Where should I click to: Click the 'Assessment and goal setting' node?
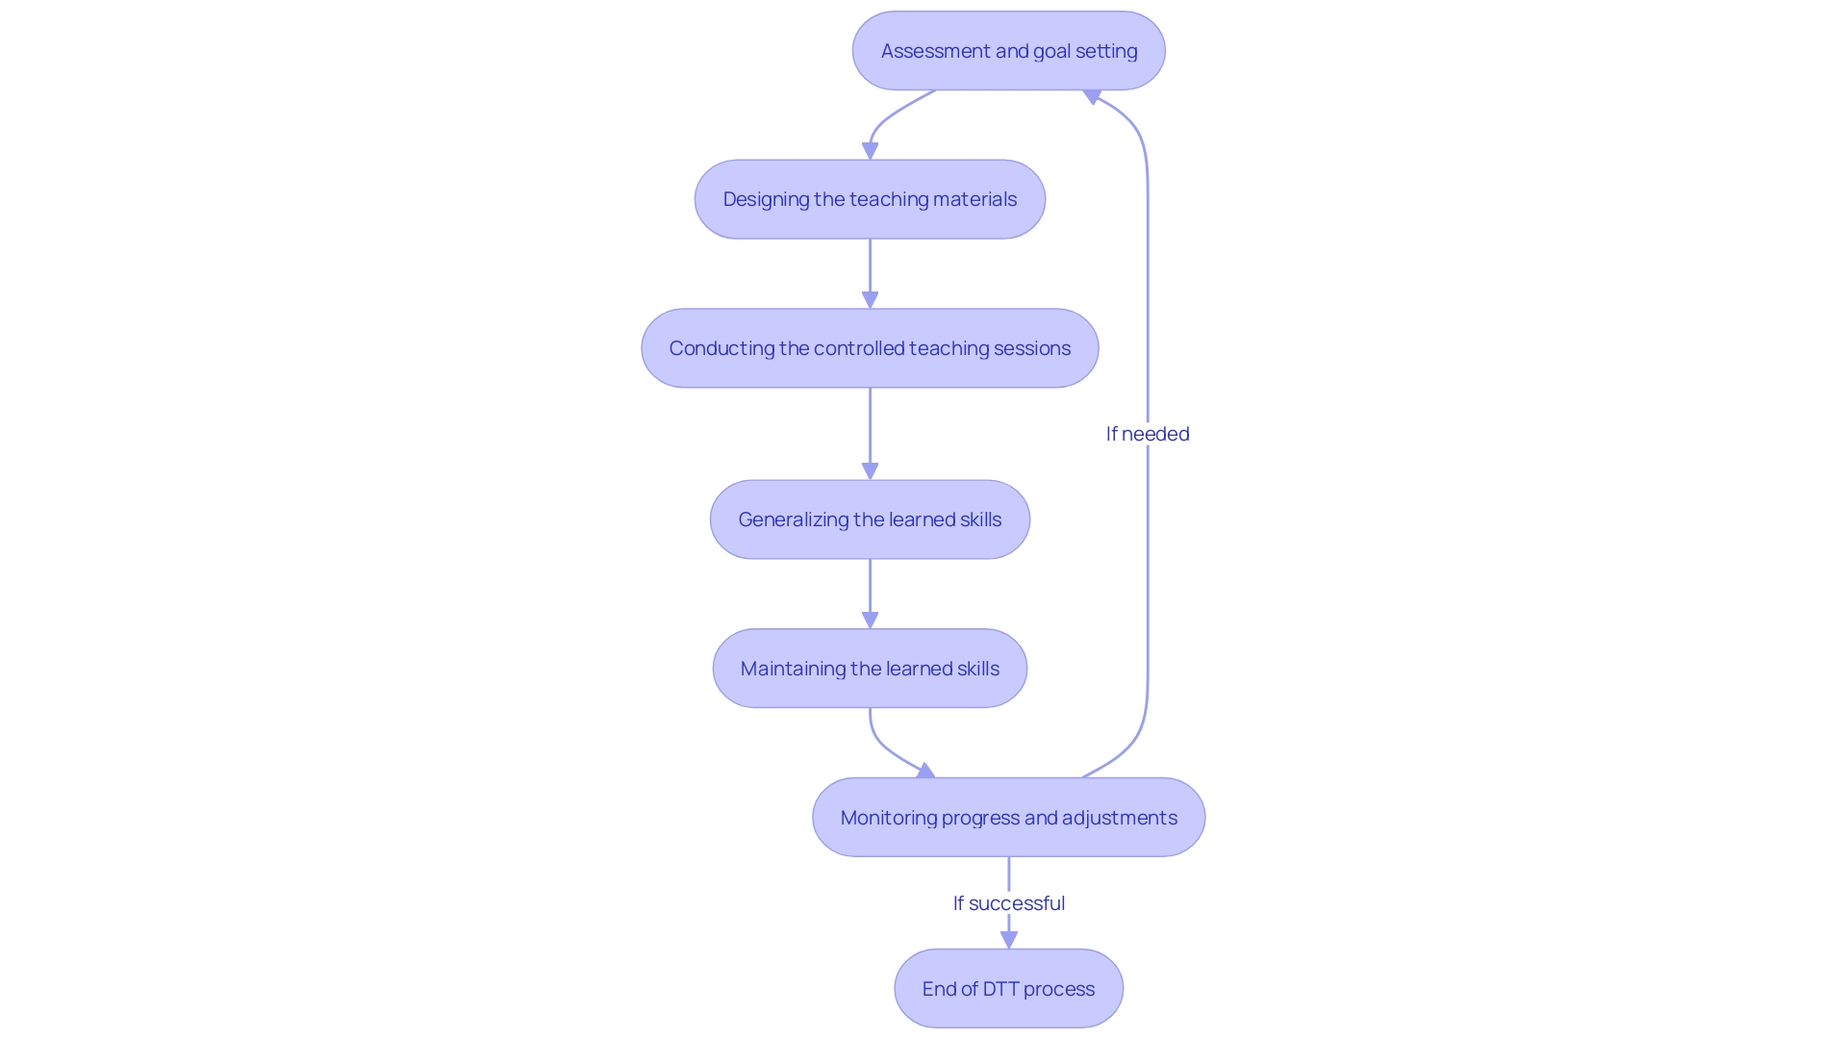pyautogui.click(x=1008, y=51)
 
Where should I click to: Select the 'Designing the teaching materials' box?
pyautogui.click(x=870, y=199)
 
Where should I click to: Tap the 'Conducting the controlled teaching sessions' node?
pyautogui.click(x=870, y=348)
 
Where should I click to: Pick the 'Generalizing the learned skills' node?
pyautogui.click(x=870, y=519)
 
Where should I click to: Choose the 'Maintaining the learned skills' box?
pyautogui.click(x=870, y=669)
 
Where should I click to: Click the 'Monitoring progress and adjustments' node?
pyautogui.click(x=1008, y=818)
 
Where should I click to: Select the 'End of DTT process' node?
pyautogui.click(x=1008, y=989)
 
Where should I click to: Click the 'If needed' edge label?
pyautogui.click(x=1148, y=434)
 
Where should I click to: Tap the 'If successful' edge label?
pyautogui.click(x=1008, y=903)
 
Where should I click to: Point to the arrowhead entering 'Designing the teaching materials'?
pyautogui.click(x=870, y=151)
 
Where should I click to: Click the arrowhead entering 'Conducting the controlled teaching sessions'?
pyautogui.click(x=870, y=300)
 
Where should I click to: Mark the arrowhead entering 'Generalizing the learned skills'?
pyautogui.click(x=870, y=471)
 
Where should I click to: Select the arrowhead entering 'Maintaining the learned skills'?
pyautogui.click(x=870, y=621)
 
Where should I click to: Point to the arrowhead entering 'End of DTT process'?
pyautogui.click(x=1008, y=940)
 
